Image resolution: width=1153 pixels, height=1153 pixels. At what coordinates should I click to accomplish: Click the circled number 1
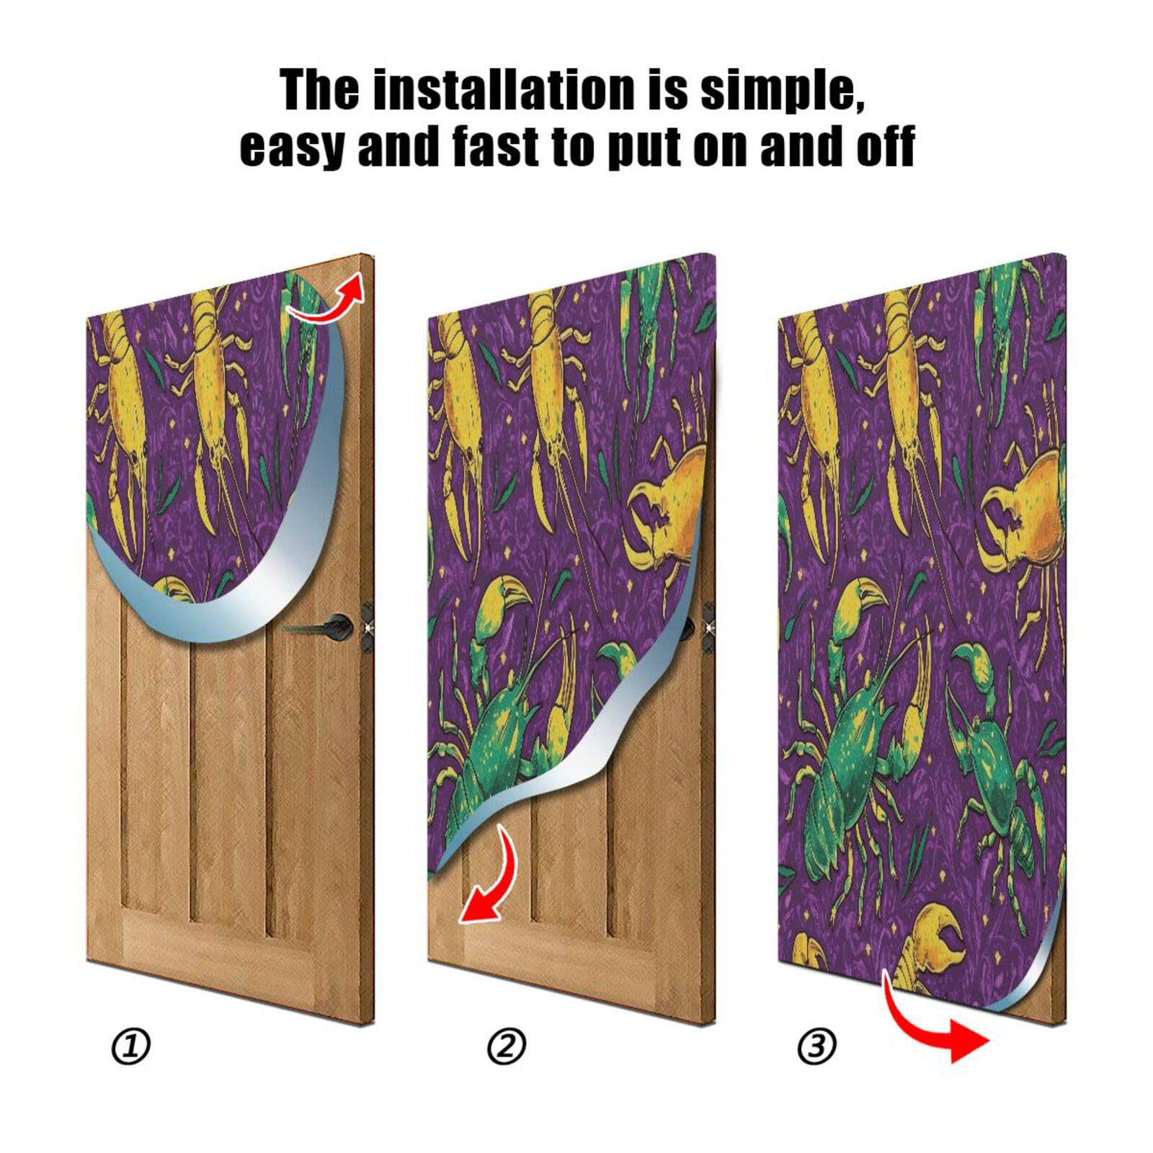131,1046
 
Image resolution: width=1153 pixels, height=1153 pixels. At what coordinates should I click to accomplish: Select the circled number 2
507,1046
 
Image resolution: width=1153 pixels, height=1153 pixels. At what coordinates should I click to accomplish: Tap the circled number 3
817,1046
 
